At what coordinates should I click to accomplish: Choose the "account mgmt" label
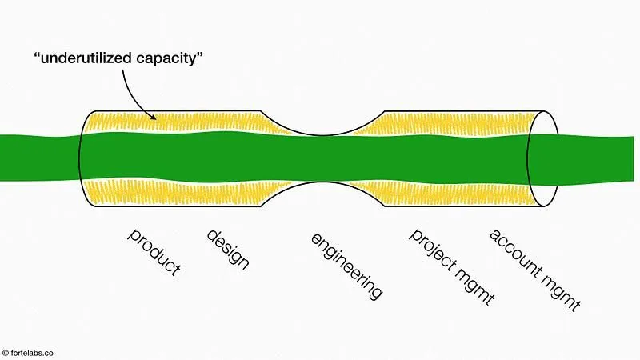[534, 269]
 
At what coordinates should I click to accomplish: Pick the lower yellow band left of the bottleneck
[184, 190]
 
